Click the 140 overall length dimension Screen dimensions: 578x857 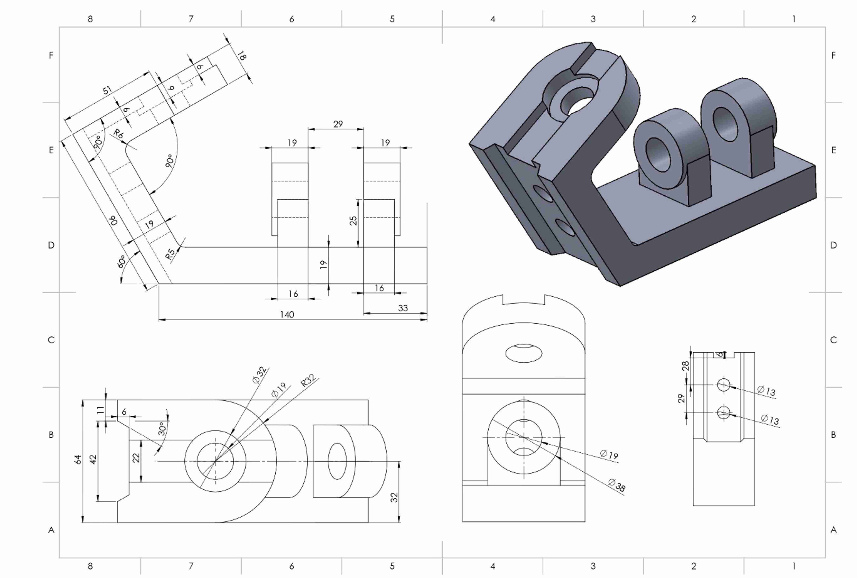(x=287, y=314)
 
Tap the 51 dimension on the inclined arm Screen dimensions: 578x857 (x=107, y=90)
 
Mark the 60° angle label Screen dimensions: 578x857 (x=122, y=262)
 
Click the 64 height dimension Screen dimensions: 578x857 (x=78, y=460)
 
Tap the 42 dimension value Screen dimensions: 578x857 (x=93, y=460)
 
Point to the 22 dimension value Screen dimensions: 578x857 (x=136, y=458)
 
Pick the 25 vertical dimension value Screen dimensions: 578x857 (x=353, y=221)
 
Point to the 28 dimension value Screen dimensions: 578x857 (x=685, y=366)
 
